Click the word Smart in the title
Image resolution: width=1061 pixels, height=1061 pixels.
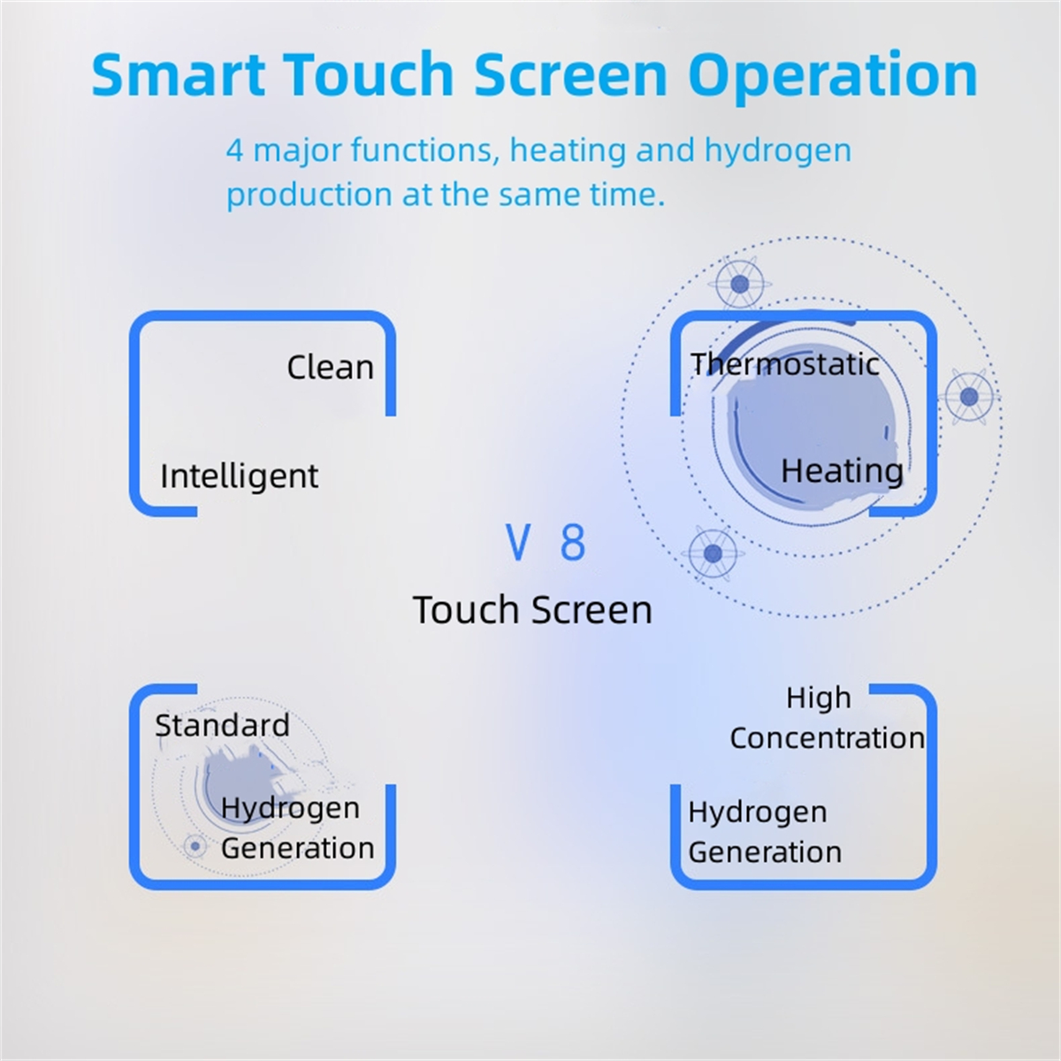tap(179, 74)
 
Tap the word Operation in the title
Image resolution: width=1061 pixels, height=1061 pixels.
tap(833, 78)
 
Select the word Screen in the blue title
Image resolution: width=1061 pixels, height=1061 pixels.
tap(571, 74)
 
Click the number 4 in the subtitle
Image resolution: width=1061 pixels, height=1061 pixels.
tap(235, 149)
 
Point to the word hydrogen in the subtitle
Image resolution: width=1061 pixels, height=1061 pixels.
tap(778, 151)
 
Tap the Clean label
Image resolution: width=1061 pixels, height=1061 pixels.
tap(331, 367)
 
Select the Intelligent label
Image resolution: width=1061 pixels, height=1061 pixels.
tap(239, 477)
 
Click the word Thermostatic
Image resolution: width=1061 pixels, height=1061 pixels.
tap(785, 364)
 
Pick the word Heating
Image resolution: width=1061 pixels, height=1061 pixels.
tap(842, 472)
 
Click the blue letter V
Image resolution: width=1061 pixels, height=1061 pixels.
tap(518, 542)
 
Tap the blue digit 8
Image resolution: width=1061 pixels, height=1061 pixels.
tap(573, 542)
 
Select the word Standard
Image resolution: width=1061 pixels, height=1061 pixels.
tap(223, 725)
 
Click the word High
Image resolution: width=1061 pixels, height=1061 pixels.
tap(818, 698)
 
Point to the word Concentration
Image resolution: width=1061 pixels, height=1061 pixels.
tap(827, 737)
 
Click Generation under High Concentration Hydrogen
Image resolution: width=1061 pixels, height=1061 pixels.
tap(765, 852)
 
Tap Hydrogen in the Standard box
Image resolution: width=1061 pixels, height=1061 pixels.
tap(290, 809)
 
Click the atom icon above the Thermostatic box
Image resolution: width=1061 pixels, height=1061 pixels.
tap(739, 285)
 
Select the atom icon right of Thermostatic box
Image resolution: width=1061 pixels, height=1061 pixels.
tap(969, 396)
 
